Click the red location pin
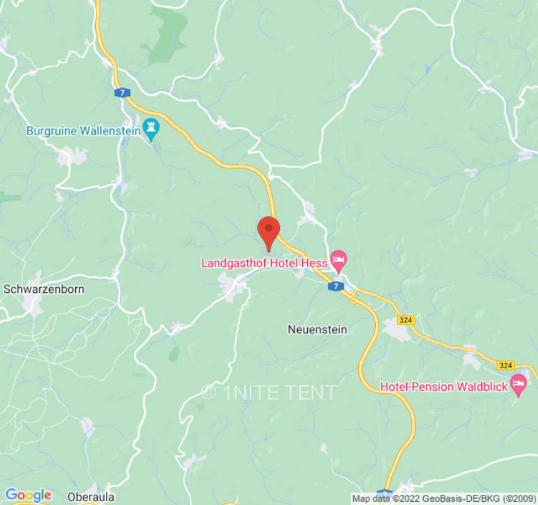[x=269, y=230]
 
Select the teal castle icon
[x=151, y=129]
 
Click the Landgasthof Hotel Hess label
[x=264, y=263]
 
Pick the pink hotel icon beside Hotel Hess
[x=340, y=259]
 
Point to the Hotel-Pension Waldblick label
[x=443, y=386]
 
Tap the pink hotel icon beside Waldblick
[x=518, y=383]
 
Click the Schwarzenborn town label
[x=44, y=289]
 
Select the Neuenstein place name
[x=317, y=330]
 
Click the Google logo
[x=28, y=495]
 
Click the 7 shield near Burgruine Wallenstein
[x=120, y=93]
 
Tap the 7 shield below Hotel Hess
[x=336, y=287]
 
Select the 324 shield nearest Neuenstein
[x=406, y=321]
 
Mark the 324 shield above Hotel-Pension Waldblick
[x=505, y=365]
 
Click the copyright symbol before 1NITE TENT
[x=209, y=392]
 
